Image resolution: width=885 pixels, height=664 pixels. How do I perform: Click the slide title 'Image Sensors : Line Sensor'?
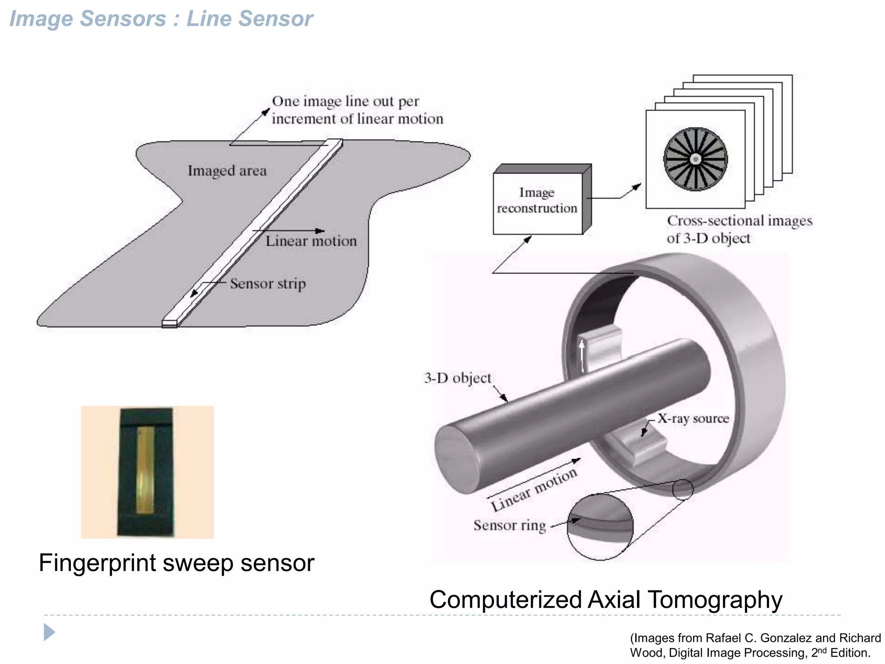161,19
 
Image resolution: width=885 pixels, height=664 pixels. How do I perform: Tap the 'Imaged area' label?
227,171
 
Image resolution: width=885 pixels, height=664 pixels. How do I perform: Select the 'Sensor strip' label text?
267,284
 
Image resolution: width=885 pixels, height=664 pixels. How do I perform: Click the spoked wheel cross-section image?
695,159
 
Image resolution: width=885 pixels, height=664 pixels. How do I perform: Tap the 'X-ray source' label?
693,418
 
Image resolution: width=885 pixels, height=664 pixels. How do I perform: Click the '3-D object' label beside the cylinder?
457,378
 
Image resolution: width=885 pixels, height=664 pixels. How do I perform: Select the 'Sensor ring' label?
509,525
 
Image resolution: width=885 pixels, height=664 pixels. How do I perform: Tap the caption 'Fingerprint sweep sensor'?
176,563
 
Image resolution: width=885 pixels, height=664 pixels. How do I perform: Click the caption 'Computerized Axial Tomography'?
606,600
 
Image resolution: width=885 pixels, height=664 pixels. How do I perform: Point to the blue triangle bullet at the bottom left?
49,632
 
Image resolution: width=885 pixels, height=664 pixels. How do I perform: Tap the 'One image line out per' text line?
345,101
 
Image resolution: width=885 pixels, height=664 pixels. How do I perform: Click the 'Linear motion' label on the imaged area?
311,241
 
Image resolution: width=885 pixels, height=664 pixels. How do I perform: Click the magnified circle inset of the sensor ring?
600,527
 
